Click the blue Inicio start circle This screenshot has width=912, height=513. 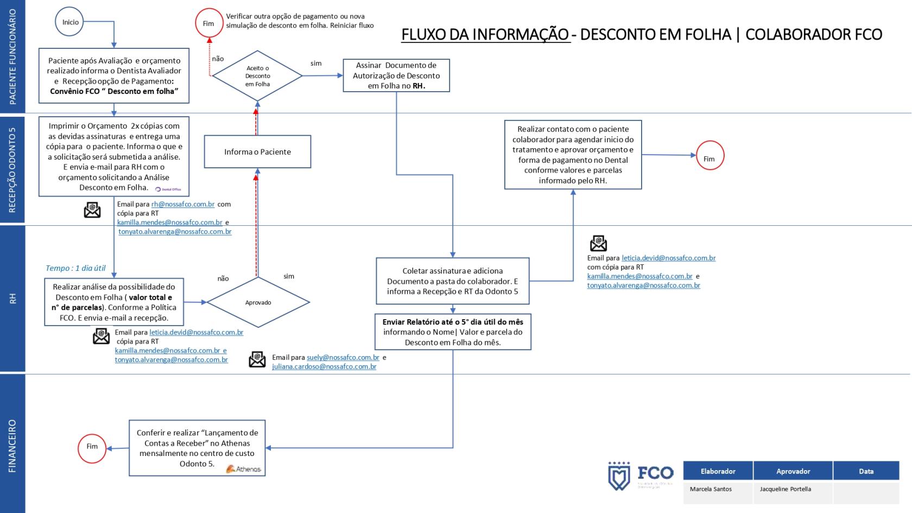click(70, 22)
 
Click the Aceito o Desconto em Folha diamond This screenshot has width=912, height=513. click(257, 76)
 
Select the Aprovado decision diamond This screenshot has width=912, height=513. click(258, 302)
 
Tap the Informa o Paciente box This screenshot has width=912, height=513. click(257, 152)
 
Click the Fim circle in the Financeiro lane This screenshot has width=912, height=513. click(92, 447)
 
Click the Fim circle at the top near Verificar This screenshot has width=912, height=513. click(208, 24)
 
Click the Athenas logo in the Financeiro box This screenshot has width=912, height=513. click(244, 468)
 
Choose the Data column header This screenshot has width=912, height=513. click(866, 471)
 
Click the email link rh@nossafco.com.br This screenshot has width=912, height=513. click(183, 204)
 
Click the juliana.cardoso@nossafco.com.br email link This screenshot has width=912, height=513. click(324, 366)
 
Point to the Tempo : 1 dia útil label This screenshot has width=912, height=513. click(75, 268)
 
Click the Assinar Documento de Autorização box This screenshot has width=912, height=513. click(396, 75)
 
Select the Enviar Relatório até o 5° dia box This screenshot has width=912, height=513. click(453, 332)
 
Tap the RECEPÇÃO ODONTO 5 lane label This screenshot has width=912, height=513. click(12, 169)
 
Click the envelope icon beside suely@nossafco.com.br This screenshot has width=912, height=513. click(257, 359)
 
